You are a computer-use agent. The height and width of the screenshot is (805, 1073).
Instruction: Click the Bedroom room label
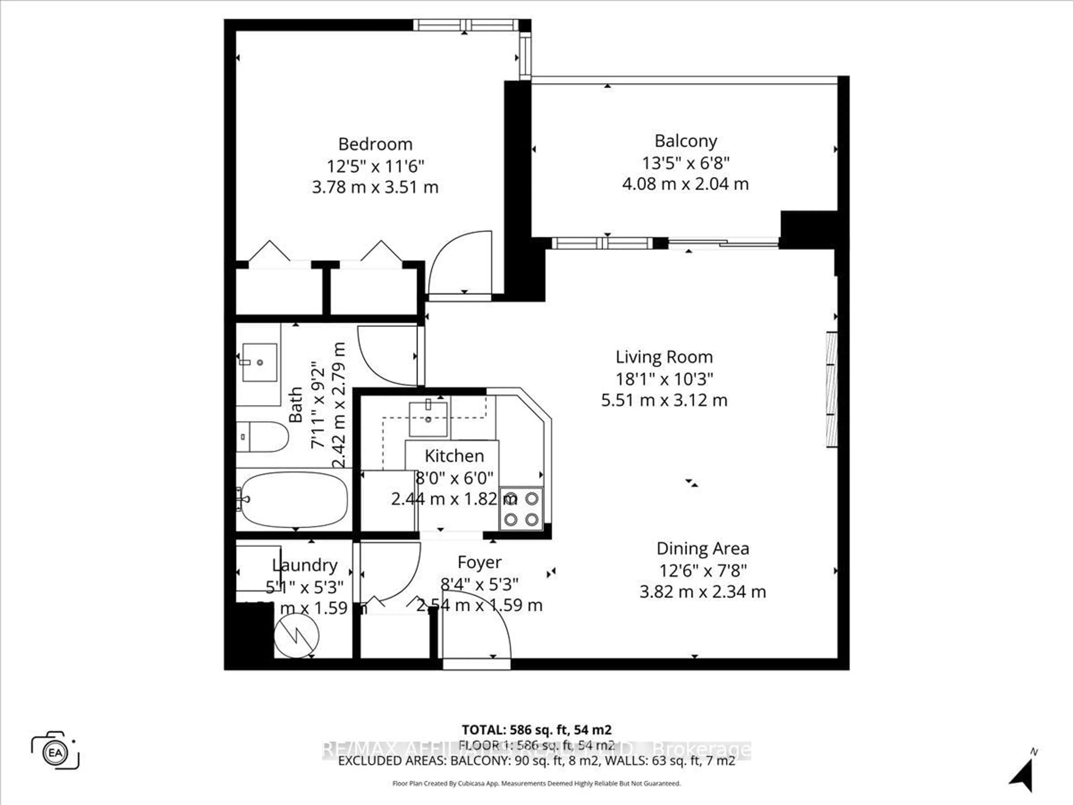coord(375,144)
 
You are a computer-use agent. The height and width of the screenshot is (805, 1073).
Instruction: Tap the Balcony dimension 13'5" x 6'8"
coord(685,163)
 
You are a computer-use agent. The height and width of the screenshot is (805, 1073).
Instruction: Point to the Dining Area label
coord(702,549)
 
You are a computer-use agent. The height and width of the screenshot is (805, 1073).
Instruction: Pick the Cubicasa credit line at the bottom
coord(536,783)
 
